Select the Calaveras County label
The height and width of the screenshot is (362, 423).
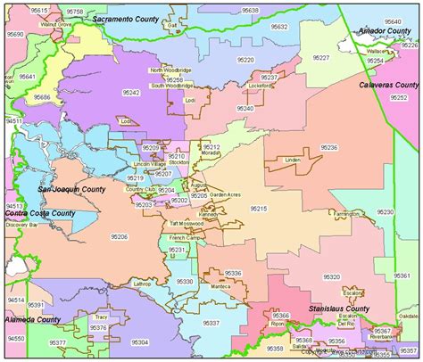[389, 85]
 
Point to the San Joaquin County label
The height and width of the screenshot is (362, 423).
[70, 190]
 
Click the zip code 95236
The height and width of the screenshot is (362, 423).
[329, 147]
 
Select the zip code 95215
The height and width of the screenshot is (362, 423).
[259, 208]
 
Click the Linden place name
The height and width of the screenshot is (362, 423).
[292, 160]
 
